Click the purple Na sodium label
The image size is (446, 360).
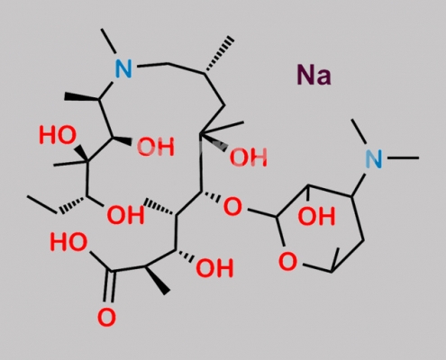(314, 75)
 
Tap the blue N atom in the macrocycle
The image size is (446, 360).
(123, 68)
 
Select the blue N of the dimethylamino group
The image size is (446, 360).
(374, 158)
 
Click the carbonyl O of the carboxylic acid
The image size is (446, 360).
(106, 317)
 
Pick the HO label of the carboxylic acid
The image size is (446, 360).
(68, 242)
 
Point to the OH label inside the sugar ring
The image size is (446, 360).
(316, 216)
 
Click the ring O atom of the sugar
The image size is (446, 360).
(287, 261)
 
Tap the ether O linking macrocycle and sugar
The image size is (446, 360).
(232, 207)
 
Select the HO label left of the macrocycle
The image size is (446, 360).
(58, 135)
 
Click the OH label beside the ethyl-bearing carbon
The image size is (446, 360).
(125, 215)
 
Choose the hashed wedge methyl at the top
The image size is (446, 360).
(219, 56)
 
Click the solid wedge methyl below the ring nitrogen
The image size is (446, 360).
(82, 96)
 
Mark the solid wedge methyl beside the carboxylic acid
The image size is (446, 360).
(157, 280)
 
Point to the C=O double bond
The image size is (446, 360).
(109, 286)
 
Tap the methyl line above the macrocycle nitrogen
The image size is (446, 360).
(109, 41)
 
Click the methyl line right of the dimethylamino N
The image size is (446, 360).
(403, 157)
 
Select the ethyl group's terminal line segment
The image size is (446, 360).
(42, 204)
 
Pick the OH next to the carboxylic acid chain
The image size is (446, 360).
(214, 267)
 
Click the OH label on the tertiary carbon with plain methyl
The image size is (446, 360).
(248, 157)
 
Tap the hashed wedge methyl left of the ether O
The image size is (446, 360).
(160, 208)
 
